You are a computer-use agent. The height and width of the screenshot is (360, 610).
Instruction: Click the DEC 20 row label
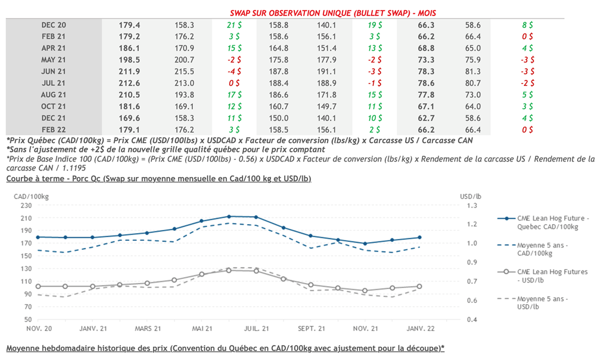click(54, 25)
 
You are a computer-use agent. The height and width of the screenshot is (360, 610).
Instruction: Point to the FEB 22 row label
click(54, 129)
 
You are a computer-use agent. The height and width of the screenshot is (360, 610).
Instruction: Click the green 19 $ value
click(375, 25)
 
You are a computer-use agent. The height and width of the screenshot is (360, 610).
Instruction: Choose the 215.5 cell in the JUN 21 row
click(185, 72)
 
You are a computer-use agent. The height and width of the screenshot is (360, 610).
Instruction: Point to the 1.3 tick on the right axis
click(471, 206)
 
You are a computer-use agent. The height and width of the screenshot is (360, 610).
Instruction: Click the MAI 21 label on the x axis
click(203, 328)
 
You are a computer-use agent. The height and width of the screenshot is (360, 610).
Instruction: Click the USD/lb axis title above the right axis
click(471, 195)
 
